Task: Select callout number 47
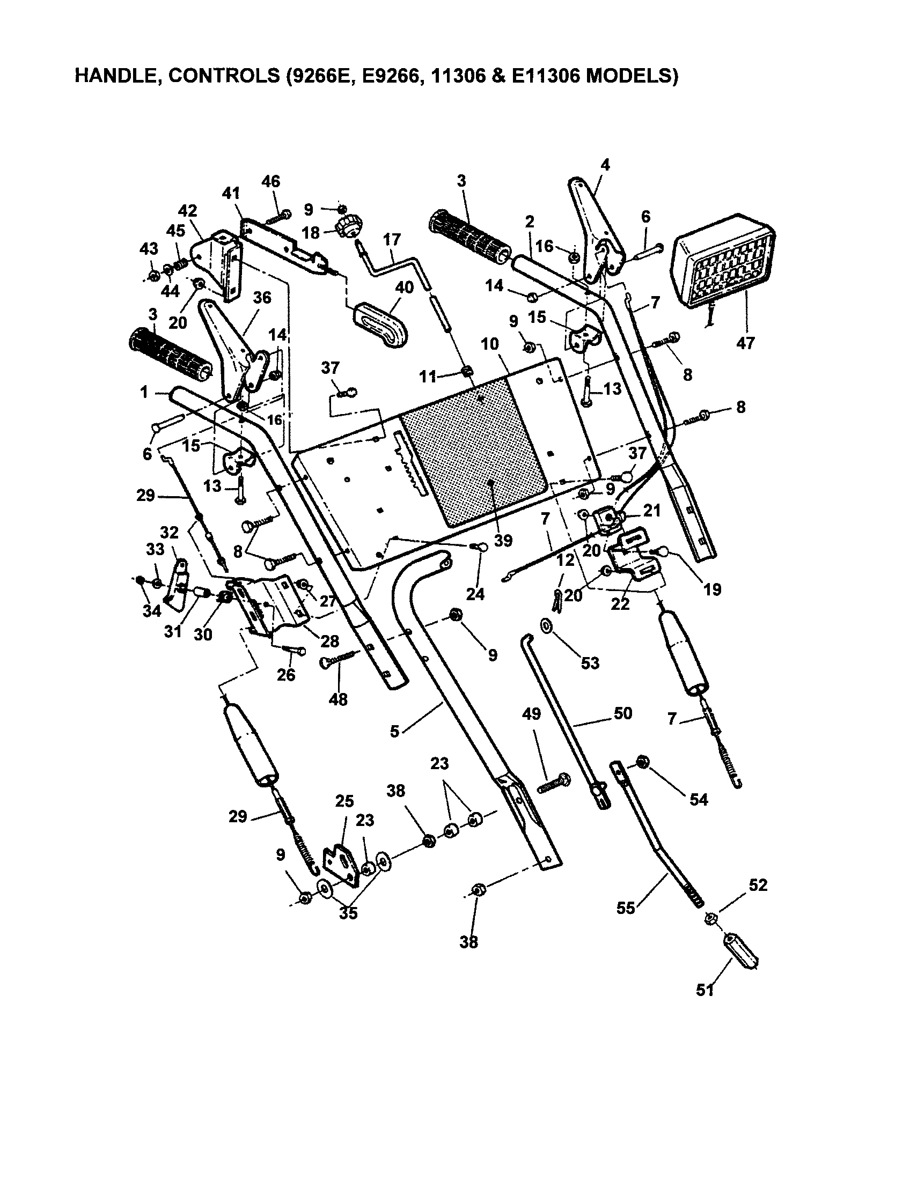click(x=745, y=343)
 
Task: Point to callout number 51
click(x=705, y=990)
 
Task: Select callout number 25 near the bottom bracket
click(x=344, y=801)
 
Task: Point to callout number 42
click(x=188, y=211)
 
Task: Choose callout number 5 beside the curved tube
click(x=394, y=732)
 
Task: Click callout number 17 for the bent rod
click(x=392, y=239)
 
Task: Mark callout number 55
click(x=626, y=908)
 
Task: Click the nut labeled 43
click(x=153, y=276)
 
